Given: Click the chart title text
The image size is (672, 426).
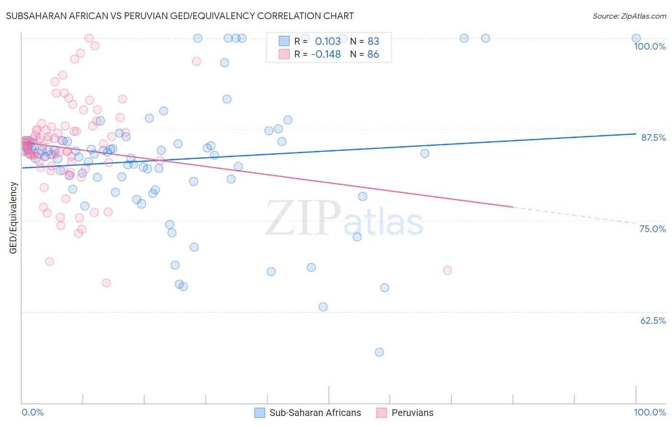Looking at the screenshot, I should click(x=180, y=16).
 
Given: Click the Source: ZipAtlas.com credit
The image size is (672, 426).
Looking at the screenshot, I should click(x=629, y=16).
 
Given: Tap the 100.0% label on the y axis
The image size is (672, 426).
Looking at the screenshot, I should click(x=650, y=46).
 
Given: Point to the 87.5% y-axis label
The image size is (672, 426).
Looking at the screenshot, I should click(x=653, y=138).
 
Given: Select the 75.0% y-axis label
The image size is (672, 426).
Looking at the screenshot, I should click(x=652, y=229).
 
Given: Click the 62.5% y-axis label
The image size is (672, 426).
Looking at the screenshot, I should click(x=653, y=320).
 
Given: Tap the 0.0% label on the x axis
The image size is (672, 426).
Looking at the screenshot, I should click(x=33, y=412).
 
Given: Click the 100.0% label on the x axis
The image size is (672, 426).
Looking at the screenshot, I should click(x=650, y=412).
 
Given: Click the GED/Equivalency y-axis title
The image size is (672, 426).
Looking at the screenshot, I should click(x=13, y=218).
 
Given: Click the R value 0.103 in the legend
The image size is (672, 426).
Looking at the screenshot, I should click(x=327, y=41).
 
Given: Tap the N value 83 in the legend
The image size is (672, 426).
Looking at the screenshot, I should click(x=373, y=41).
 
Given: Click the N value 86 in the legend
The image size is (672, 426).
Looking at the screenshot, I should click(x=373, y=54).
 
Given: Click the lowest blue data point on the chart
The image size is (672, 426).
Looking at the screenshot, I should click(x=379, y=352).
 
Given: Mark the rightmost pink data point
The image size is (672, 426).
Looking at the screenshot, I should click(x=447, y=270).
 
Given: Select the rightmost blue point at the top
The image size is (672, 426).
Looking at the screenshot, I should click(x=636, y=38).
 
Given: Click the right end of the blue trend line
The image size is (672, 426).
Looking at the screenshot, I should click(x=636, y=134).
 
